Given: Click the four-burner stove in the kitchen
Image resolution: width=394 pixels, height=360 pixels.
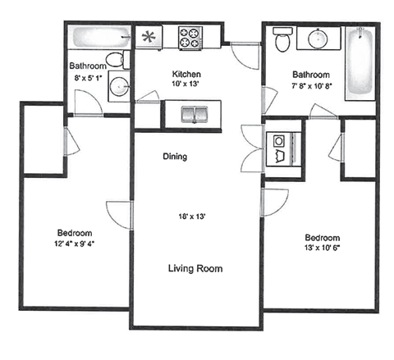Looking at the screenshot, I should [x=190, y=38].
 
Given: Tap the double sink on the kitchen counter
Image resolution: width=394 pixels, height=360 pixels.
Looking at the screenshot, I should [x=192, y=112].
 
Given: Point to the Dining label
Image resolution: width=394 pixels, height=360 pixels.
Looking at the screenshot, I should [x=175, y=156].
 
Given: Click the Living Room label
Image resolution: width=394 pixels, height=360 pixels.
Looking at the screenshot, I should [x=195, y=268].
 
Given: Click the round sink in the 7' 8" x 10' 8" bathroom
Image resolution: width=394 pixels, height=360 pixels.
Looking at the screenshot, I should [x=315, y=38].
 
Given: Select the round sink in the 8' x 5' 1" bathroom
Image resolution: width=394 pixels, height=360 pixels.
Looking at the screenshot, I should [x=121, y=84].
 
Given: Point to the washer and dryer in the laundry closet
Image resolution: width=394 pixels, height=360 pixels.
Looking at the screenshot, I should [x=282, y=148].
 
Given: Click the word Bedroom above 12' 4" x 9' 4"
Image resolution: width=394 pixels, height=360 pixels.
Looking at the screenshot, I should [x=75, y=232].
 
